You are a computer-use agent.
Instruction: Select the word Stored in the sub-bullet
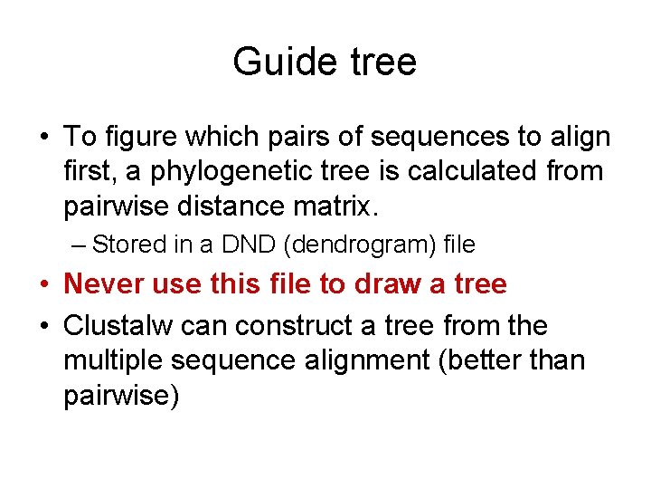129,244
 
